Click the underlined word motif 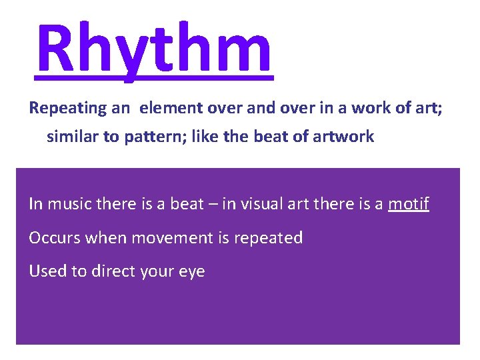(x=409, y=204)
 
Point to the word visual (x=261, y=204)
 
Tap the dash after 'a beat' (x=213, y=204)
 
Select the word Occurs (x=53, y=238)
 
